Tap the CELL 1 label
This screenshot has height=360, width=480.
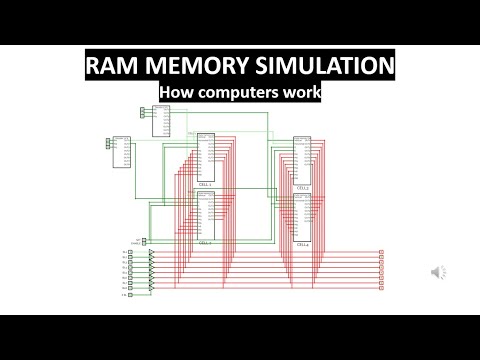pyautogui.click(x=205, y=186)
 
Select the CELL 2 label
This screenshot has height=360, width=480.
pyautogui.click(x=303, y=188)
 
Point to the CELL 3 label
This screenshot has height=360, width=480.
pyautogui.click(x=205, y=243)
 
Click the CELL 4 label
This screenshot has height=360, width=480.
pyautogui.click(x=303, y=245)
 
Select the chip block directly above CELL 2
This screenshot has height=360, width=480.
pyautogui.click(x=303, y=160)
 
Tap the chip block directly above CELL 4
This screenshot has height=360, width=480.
pyautogui.click(x=303, y=217)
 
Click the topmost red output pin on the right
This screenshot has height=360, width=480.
pyautogui.click(x=381, y=252)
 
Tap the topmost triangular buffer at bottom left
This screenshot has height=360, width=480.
pyautogui.click(x=151, y=252)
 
